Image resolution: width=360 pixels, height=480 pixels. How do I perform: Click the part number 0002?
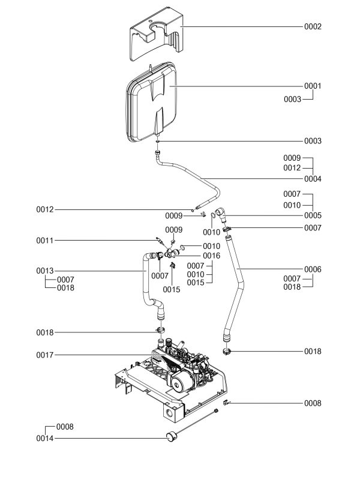pos(313,27)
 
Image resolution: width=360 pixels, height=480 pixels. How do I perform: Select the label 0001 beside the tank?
pos(313,86)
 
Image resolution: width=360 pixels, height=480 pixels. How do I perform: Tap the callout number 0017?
pos(46,355)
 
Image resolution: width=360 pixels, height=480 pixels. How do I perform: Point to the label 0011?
pos(46,241)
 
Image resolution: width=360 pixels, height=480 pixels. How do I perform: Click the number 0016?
pos(211,256)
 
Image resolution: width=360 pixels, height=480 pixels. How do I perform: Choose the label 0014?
pos(46,439)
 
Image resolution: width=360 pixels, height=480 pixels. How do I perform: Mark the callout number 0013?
pos(46,271)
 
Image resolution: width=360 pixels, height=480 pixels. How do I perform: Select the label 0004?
pos(313,179)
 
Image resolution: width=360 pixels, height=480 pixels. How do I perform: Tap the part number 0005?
pos(313,215)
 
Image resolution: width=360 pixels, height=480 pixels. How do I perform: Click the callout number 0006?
pos(313,270)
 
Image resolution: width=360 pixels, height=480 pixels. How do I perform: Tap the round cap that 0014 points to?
pos(169,436)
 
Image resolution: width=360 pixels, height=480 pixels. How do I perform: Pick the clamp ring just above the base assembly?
pos(161,331)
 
